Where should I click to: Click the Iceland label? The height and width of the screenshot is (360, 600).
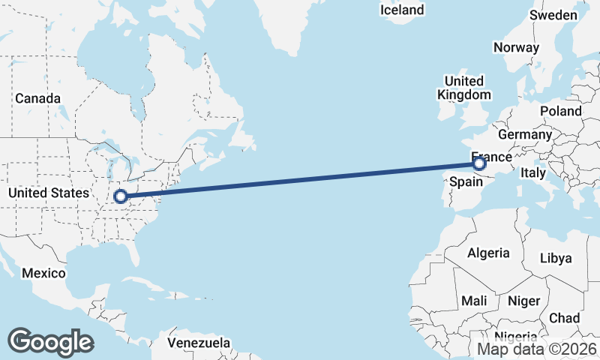click(x=402, y=10)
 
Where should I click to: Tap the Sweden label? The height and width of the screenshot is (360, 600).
click(x=553, y=15)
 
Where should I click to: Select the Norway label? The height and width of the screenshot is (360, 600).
click(x=516, y=47)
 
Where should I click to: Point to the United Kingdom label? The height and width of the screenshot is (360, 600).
click(x=464, y=88)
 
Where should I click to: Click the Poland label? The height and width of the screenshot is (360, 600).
click(x=560, y=111)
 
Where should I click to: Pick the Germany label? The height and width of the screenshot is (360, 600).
click(x=524, y=134)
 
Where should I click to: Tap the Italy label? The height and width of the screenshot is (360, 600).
click(x=532, y=172)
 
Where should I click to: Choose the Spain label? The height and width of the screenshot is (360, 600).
click(x=464, y=181)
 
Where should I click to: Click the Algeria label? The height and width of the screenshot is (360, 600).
click(x=488, y=253)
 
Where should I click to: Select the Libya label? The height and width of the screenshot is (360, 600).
click(x=556, y=258)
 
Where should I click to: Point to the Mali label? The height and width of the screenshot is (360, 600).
click(x=474, y=301)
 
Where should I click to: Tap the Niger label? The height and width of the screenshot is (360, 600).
click(x=523, y=301)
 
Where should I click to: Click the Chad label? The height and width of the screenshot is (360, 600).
click(x=564, y=318)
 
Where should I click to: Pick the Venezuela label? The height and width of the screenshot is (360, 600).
click(x=198, y=343)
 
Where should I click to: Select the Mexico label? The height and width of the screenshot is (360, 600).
click(x=43, y=273)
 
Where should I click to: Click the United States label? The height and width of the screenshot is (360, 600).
click(x=48, y=193)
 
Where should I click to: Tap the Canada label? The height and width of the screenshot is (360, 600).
click(x=37, y=98)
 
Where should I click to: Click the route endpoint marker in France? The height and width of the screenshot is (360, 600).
click(x=480, y=163)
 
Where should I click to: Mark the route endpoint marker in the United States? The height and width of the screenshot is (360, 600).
click(x=120, y=196)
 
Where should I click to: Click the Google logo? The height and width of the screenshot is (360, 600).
click(x=51, y=341)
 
